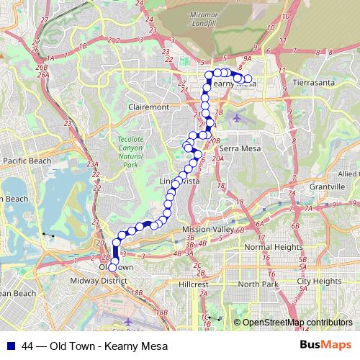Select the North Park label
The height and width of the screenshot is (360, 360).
257,284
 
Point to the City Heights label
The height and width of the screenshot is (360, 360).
319,281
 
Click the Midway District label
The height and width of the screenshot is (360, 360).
99,280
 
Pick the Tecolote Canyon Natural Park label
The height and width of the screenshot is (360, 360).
130,150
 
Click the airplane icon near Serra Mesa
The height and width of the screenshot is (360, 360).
238,117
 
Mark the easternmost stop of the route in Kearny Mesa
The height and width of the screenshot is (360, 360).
248,78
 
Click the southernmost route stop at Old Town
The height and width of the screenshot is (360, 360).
112,268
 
